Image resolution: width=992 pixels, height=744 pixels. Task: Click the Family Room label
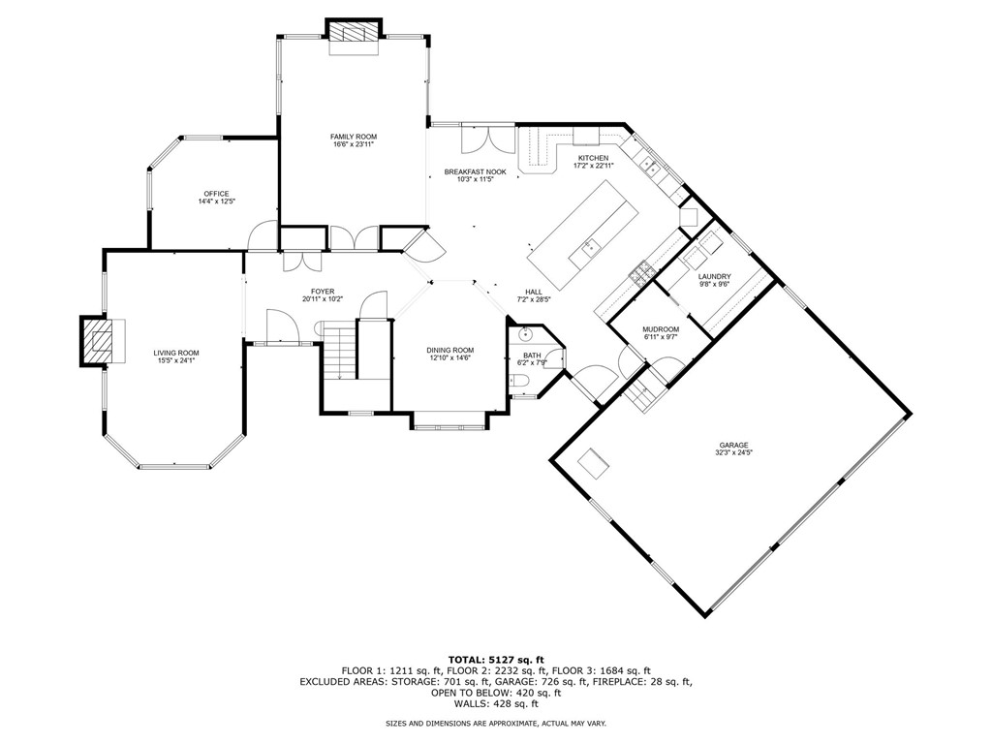point(353,137)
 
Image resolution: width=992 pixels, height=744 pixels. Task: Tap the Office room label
point(216,194)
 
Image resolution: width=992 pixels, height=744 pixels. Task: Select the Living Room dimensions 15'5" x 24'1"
point(175,361)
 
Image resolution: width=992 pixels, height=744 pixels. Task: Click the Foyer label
point(322,292)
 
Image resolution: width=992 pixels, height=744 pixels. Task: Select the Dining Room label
point(449,350)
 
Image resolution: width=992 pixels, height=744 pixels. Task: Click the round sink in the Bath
point(526,335)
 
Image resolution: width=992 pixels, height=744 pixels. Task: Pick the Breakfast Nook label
point(469,171)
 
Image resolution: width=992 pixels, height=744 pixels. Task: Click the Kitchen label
point(593,157)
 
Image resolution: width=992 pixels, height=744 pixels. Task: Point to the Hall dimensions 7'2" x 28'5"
point(534,299)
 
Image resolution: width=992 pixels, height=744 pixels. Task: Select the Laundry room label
point(714,277)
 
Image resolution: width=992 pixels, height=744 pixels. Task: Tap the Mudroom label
point(661,329)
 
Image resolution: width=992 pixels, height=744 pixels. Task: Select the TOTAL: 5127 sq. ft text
point(495,660)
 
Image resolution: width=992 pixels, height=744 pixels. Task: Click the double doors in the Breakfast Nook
point(481,139)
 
